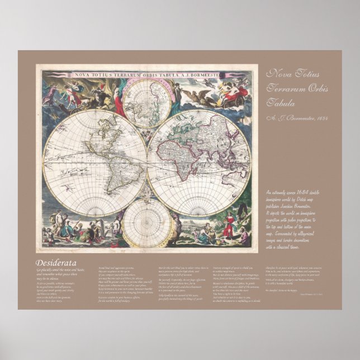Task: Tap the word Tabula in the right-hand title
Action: pyautogui.click(x=280, y=103)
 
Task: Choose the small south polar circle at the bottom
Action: pyautogui.click(x=148, y=223)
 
